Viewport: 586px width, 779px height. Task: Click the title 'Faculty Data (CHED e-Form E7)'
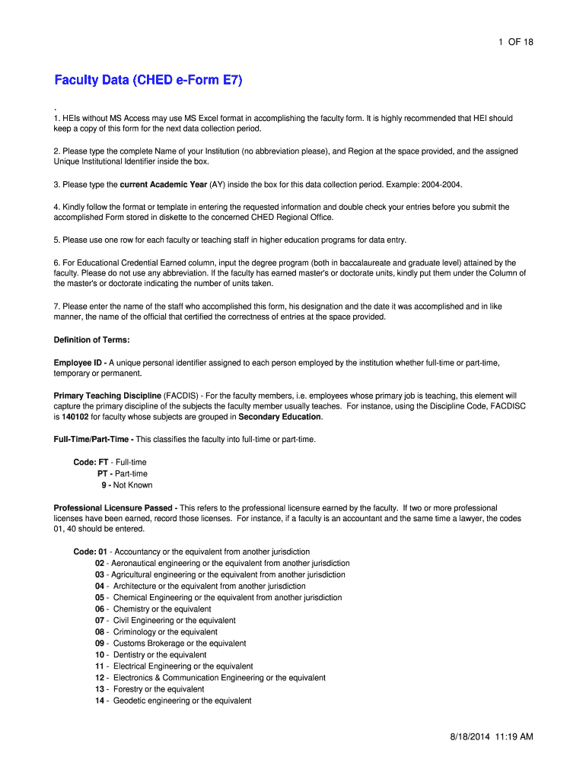pyautogui.click(x=148, y=81)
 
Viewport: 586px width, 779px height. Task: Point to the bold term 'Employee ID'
pyautogui.click(x=79, y=363)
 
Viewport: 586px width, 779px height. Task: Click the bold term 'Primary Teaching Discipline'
pyautogui.click(x=107, y=396)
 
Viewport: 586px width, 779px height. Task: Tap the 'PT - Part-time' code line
pyautogui.click(x=122, y=474)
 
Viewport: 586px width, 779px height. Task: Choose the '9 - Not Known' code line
pyautogui.click(x=126, y=485)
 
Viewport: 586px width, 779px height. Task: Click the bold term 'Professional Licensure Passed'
pyautogui.click(x=114, y=507)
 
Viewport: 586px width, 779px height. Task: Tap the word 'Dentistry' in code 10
pyautogui.click(x=129, y=655)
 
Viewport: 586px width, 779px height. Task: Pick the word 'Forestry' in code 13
pyautogui.click(x=127, y=689)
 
